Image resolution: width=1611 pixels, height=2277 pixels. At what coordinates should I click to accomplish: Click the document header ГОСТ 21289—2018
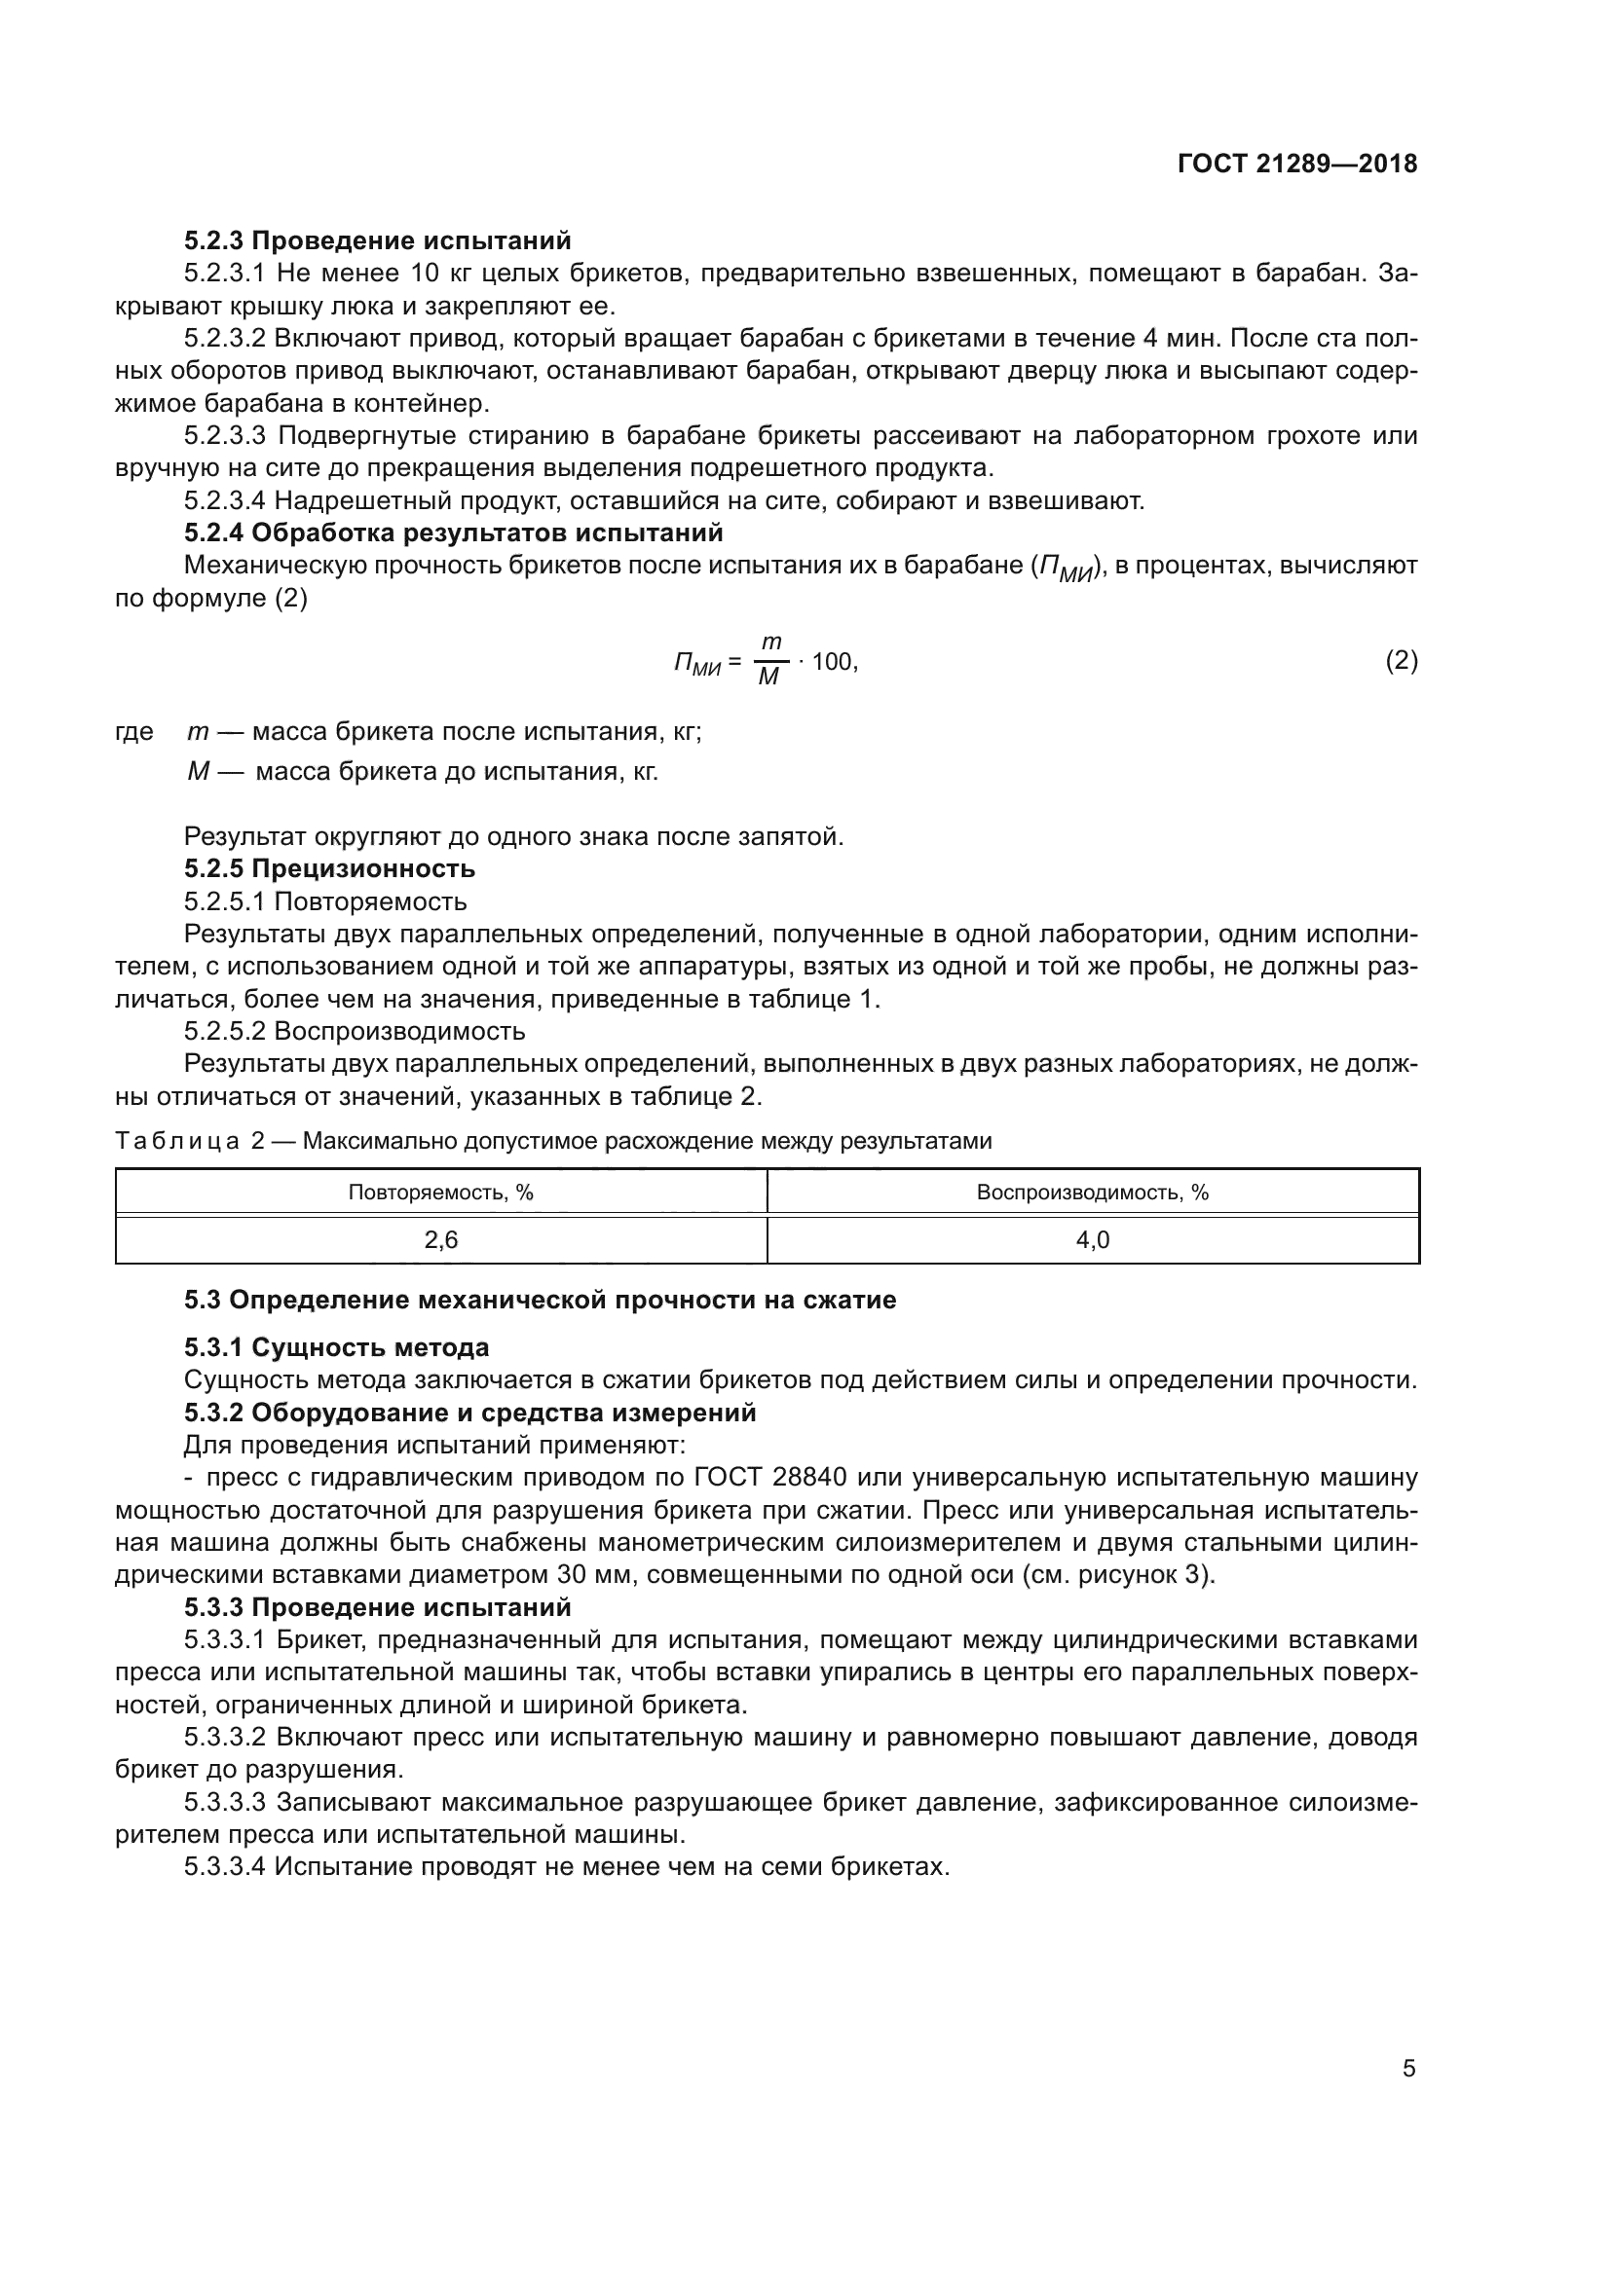(1296, 164)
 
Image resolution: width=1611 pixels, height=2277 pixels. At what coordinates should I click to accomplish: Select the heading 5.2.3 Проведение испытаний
(377, 241)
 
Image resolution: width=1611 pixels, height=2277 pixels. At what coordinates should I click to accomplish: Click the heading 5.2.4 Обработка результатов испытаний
(452, 533)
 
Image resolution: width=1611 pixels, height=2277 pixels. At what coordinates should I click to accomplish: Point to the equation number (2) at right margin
(1401, 660)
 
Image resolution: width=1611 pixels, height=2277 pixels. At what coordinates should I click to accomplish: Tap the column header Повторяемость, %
(440, 1193)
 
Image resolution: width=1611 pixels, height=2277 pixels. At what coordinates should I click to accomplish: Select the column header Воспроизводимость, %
(1092, 1193)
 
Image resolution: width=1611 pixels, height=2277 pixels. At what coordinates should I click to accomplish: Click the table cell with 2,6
(440, 1239)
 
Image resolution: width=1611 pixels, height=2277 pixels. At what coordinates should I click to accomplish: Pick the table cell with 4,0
(1092, 1239)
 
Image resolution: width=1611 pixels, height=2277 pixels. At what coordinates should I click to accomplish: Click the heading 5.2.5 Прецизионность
(329, 868)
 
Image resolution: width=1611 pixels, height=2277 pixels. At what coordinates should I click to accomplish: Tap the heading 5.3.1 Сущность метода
(336, 1347)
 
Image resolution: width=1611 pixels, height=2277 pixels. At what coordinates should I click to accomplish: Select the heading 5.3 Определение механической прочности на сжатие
(540, 1301)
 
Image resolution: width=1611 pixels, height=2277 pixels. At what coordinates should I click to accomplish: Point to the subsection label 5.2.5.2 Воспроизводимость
(355, 1031)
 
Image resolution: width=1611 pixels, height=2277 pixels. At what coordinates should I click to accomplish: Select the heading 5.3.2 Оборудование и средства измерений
(469, 1413)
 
